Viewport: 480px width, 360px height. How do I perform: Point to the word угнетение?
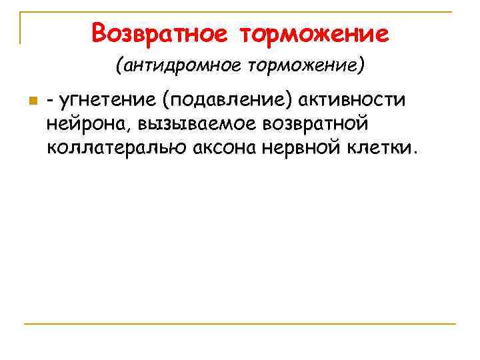tap(106, 101)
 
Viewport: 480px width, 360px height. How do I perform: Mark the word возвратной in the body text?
tap(328, 123)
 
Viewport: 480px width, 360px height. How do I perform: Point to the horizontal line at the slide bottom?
tap(240, 324)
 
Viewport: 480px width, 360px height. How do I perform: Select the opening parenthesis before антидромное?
tap(119, 67)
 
